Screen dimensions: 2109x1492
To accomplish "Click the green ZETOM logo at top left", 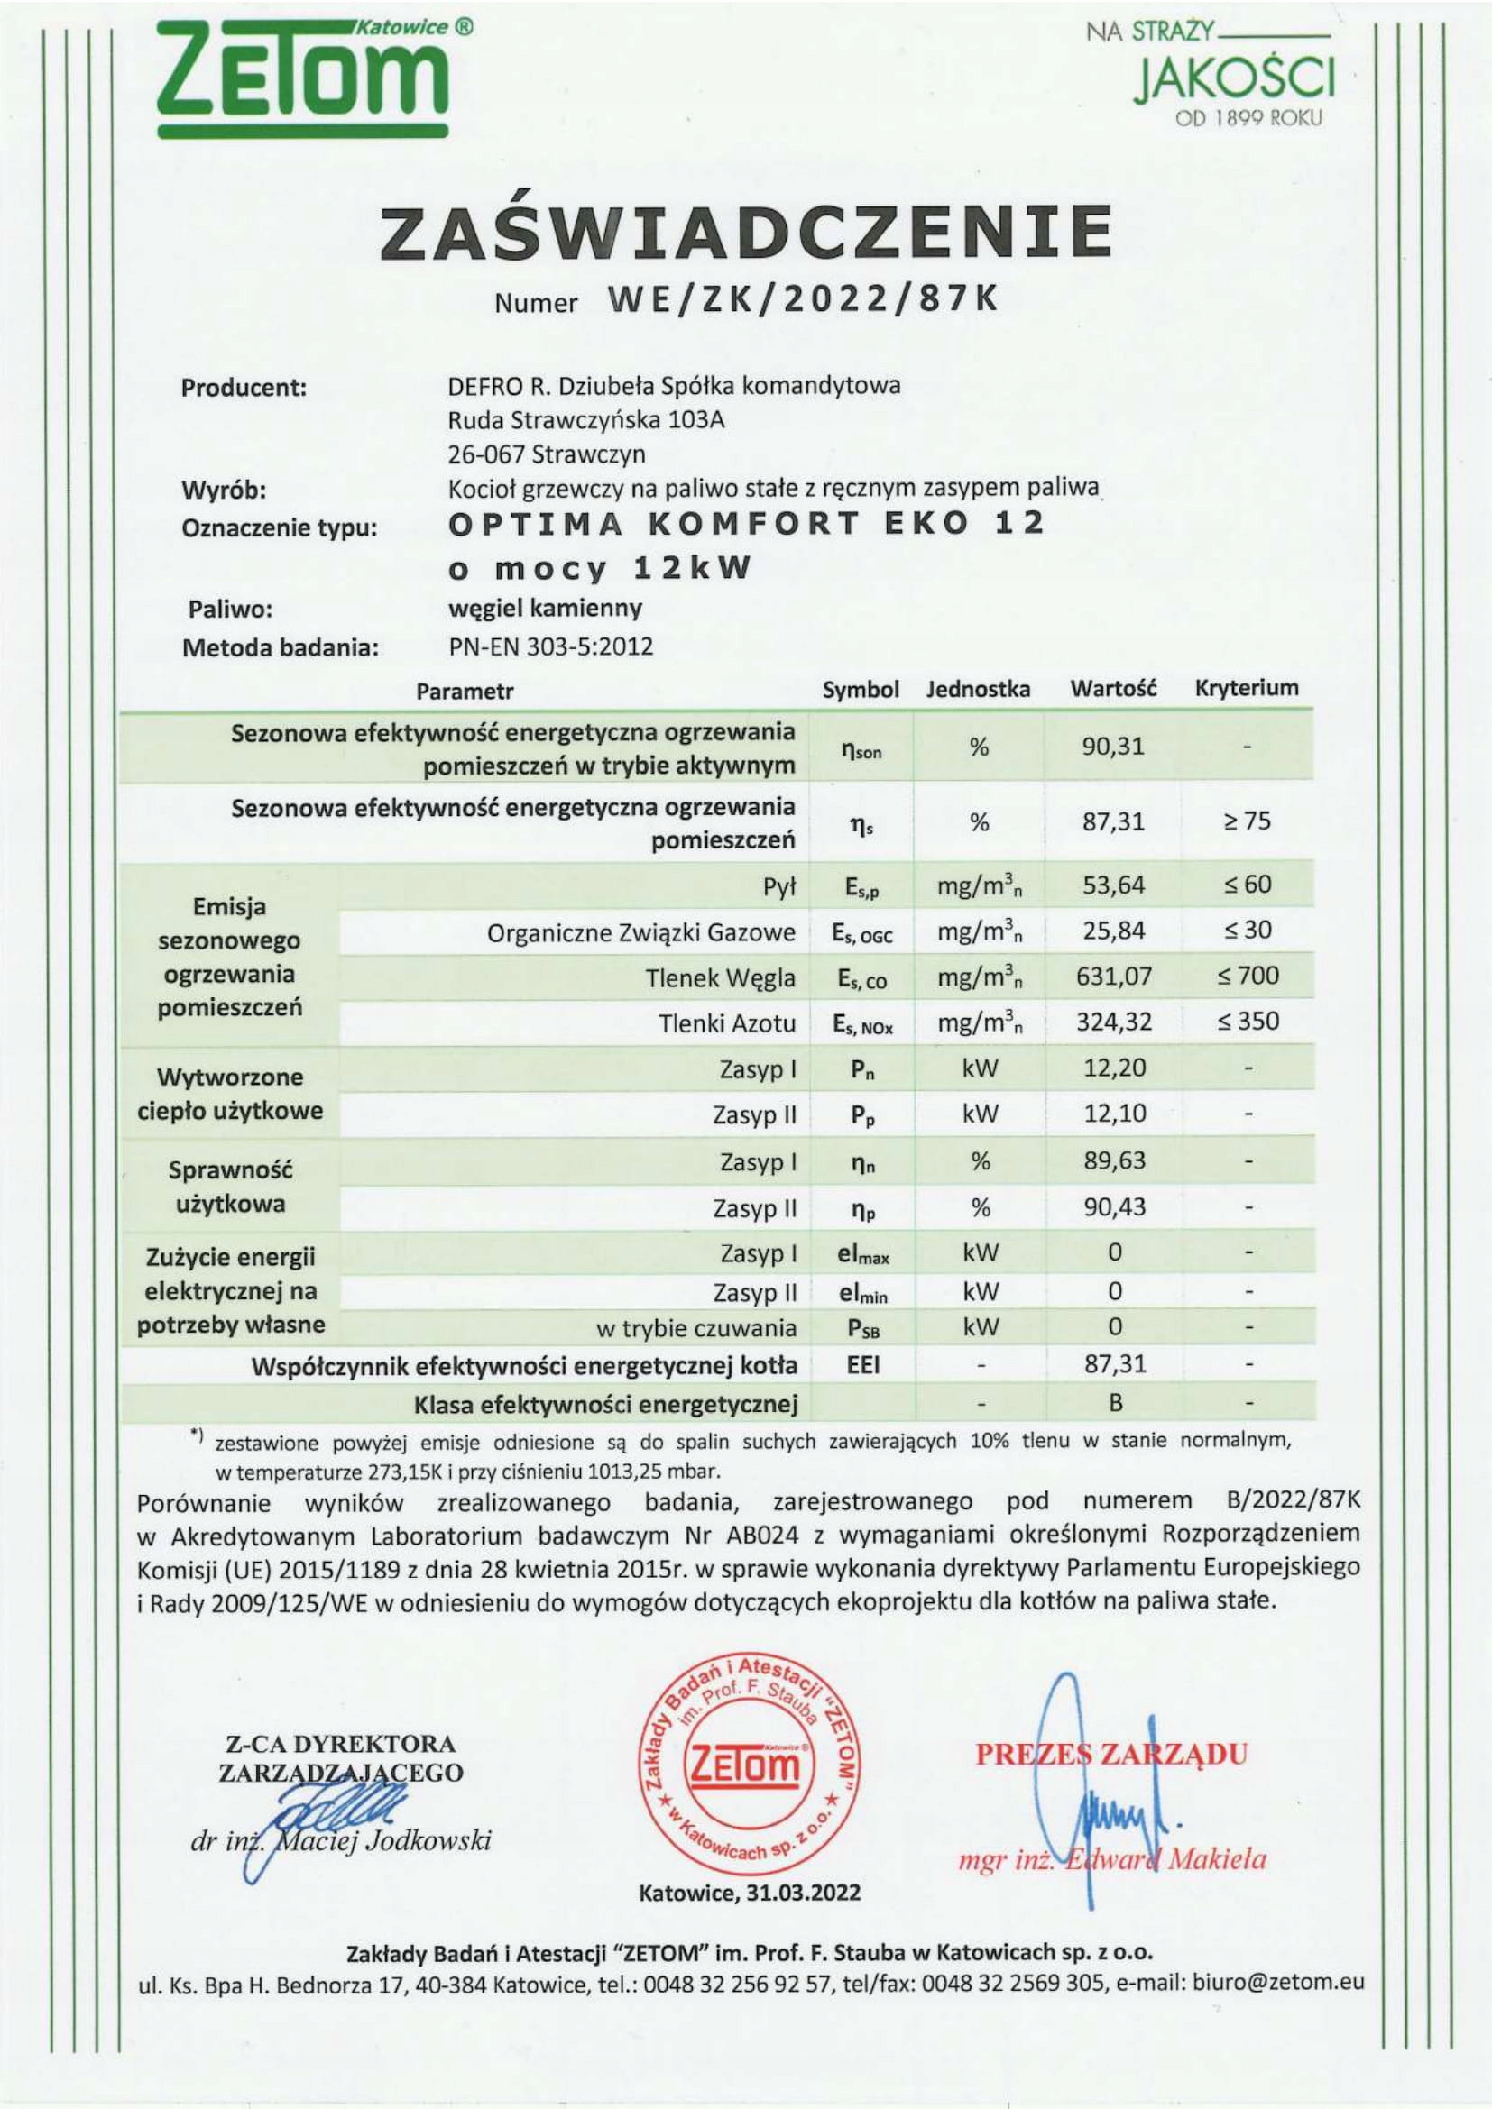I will [x=303, y=78].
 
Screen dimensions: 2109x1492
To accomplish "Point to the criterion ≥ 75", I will [x=1246, y=821].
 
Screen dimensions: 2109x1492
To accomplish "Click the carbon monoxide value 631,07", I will [x=1113, y=976].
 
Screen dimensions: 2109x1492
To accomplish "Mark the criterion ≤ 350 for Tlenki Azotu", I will [x=1248, y=1021].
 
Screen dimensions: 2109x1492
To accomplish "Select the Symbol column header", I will [x=860, y=690].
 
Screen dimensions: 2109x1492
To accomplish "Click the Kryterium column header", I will [x=1246, y=688].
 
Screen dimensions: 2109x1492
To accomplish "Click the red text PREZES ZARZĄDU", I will [x=1110, y=1754].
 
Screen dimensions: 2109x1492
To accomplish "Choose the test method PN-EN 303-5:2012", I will [x=550, y=646].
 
